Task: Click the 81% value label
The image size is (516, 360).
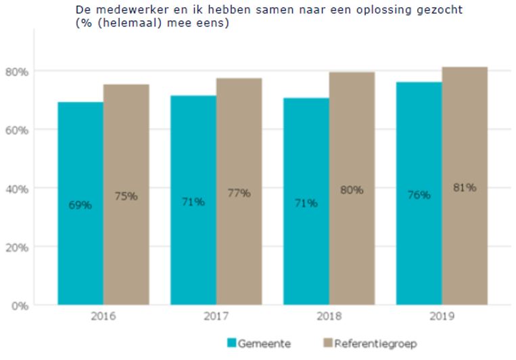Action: click(x=465, y=187)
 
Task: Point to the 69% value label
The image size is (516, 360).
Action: click(x=80, y=204)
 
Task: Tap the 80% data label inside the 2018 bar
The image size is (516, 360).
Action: click(x=352, y=190)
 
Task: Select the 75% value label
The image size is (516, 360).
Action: click(x=126, y=196)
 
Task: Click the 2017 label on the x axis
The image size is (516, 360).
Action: click(x=216, y=317)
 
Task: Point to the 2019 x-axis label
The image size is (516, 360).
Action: click(x=442, y=317)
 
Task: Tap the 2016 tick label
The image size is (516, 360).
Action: click(x=103, y=317)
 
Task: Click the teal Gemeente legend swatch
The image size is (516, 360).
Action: click(x=231, y=344)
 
